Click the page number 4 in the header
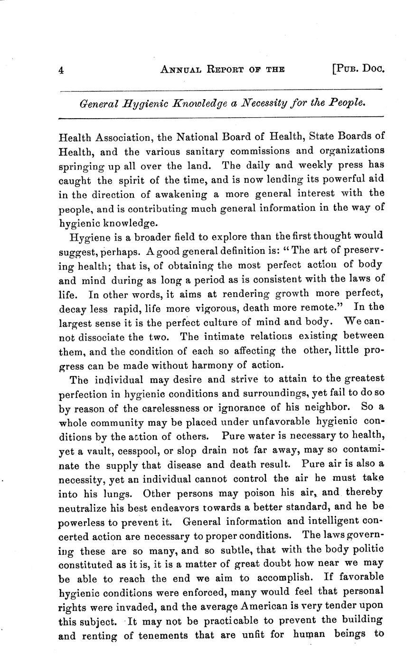click(x=61, y=70)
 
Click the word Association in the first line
click(x=124, y=137)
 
